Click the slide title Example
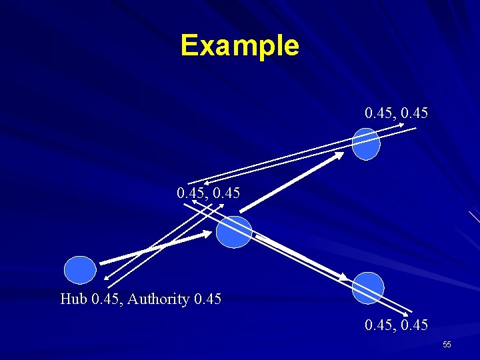click(239, 45)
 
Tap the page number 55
click(447, 344)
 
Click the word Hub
click(73, 299)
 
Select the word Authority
click(159, 299)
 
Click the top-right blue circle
click(365, 144)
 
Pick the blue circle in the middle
click(234, 232)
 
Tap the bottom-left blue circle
click(80, 270)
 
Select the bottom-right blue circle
click(368, 288)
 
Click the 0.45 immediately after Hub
click(106, 299)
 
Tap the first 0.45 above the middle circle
click(191, 193)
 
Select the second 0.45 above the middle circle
click(226, 193)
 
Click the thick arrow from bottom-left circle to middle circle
click(153, 248)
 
